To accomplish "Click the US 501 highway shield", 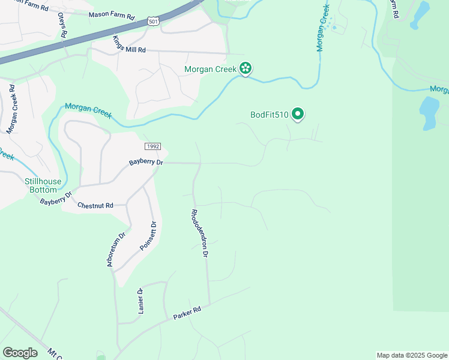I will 154,22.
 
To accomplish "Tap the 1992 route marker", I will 152,147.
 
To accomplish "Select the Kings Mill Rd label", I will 129,45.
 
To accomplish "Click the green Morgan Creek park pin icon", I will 245,69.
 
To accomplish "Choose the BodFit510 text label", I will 270,115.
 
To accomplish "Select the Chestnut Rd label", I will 95,205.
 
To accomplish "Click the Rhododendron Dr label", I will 199,233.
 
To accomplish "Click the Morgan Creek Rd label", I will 12,109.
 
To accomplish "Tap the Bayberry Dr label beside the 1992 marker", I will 146,163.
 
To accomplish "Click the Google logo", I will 20,353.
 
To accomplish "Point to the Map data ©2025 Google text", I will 412,355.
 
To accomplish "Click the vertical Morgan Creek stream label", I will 324,28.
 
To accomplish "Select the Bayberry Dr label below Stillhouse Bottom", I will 56,199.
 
